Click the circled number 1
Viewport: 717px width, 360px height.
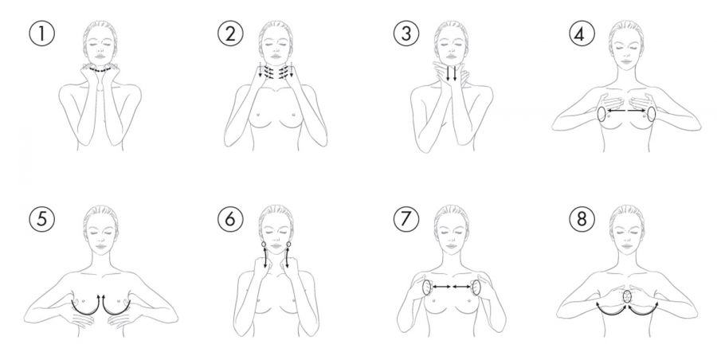[41, 33]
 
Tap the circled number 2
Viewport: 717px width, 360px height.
[230, 33]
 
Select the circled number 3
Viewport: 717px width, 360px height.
[406, 33]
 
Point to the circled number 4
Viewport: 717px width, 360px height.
[582, 33]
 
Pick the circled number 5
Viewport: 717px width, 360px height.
[41, 219]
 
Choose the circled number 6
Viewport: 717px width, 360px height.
[230, 219]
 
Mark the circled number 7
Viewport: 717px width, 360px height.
[406, 219]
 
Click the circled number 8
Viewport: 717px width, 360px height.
[582, 219]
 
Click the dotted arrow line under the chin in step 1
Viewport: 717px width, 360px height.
[100, 70]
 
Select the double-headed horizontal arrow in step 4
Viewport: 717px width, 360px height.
[626, 110]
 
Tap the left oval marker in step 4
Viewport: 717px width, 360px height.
[601, 114]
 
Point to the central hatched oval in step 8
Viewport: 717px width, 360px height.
[628, 296]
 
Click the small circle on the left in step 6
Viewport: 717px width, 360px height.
[264, 245]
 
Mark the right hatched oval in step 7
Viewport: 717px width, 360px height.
[476, 288]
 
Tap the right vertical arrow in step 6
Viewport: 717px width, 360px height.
[288, 258]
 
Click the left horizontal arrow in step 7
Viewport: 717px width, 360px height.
[441, 287]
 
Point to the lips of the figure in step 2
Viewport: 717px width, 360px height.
[276, 57]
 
